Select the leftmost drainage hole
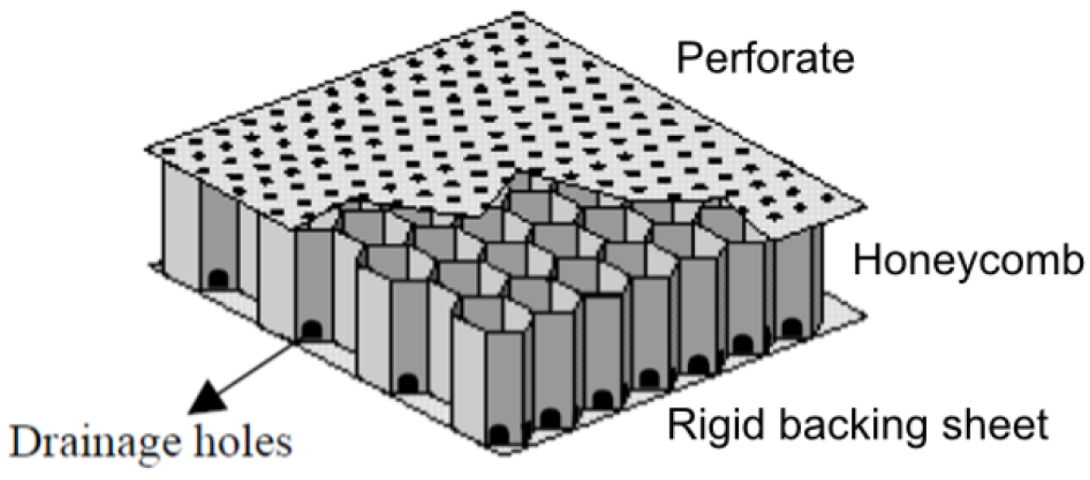click(217, 278)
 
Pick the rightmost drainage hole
click(790, 326)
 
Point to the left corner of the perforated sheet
click(146, 146)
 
